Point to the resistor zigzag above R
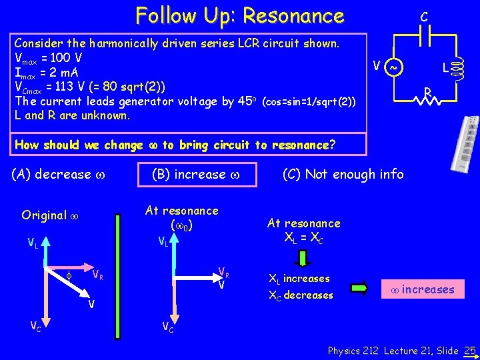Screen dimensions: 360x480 (427, 101)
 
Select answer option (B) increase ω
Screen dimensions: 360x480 (194, 175)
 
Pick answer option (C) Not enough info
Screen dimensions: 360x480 (343, 174)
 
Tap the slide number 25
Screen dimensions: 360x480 (469, 350)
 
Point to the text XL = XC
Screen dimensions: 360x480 (303, 237)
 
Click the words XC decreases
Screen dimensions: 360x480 (300, 295)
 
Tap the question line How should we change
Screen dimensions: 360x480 (80, 145)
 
